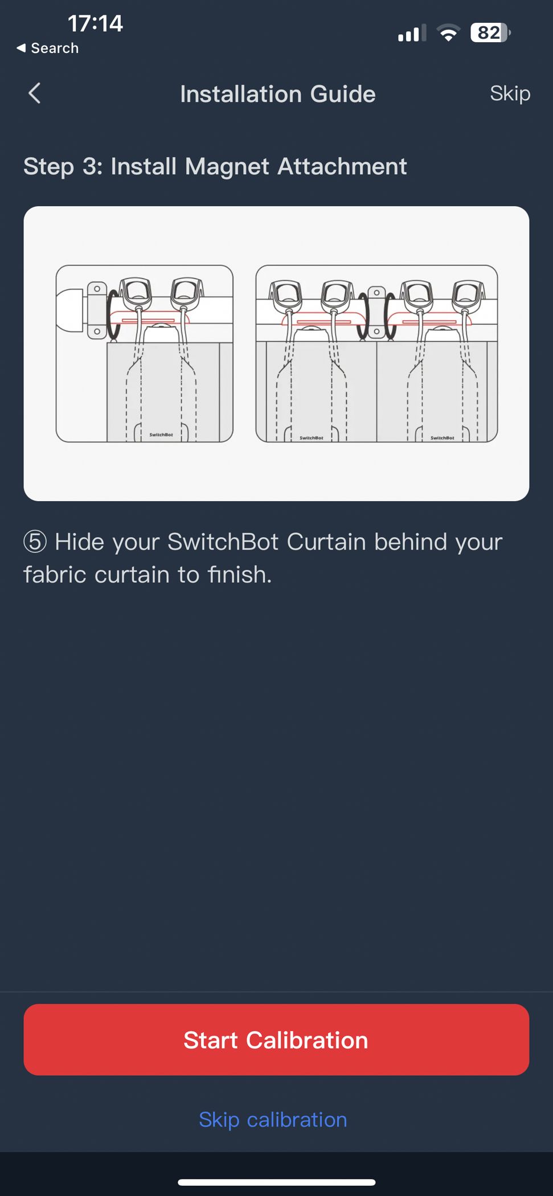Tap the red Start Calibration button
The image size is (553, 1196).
[276, 1040]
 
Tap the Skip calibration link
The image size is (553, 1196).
[273, 1120]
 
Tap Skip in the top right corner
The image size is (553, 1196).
[510, 93]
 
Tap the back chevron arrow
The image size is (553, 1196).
[35, 93]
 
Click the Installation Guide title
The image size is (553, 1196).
[278, 94]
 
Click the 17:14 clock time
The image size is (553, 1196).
[95, 23]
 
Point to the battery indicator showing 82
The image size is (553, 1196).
[490, 33]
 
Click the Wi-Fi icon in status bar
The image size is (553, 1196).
[449, 34]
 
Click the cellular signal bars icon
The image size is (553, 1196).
[412, 34]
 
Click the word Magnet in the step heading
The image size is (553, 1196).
[227, 166]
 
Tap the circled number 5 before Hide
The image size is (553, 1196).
[35, 542]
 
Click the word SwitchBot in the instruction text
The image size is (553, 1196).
[223, 542]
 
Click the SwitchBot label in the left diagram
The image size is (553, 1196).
[161, 435]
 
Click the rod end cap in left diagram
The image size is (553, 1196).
[70, 310]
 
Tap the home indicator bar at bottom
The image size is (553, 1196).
[276, 1182]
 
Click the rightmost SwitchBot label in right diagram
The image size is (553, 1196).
[442, 437]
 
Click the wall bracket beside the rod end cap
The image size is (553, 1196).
[97, 310]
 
